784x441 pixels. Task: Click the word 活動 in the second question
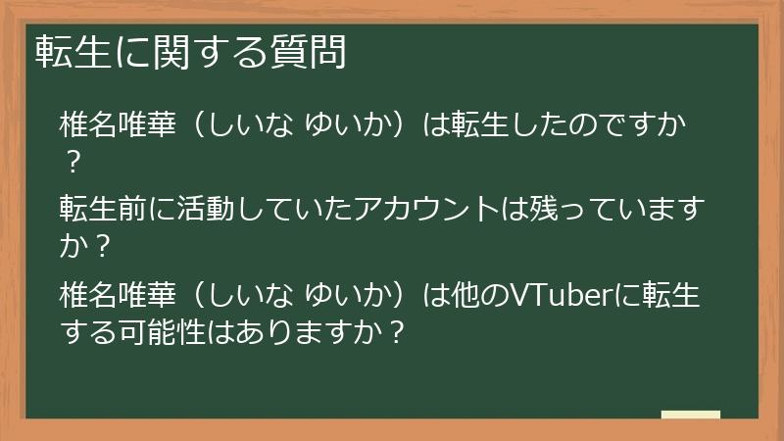202,210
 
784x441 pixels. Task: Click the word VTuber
552,294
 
